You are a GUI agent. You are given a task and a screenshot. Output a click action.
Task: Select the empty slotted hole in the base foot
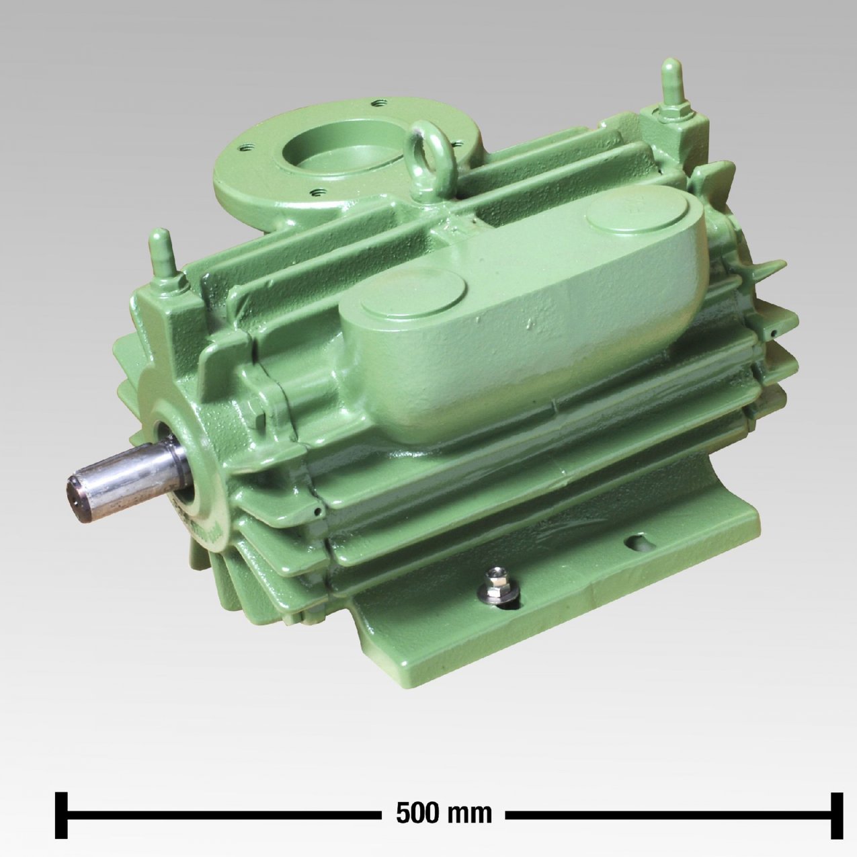639,542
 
